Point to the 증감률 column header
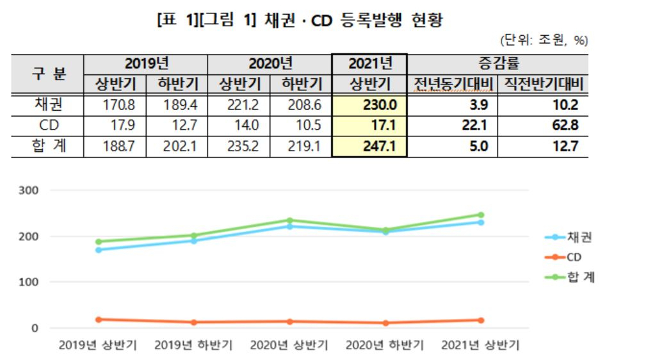(x=499, y=63)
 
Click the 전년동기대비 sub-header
(x=453, y=84)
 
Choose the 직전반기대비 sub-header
(x=544, y=84)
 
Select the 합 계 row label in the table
(x=49, y=146)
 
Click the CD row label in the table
(x=49, y=125)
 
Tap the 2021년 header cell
(x=370, y=63)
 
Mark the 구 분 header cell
(x=49, y=74)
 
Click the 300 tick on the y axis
(x=28, y=190)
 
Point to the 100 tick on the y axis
(x=28, y=282)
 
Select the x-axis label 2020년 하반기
(x=385, y=345)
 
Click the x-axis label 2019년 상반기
(x=98, y=345)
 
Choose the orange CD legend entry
(x=563, y=258)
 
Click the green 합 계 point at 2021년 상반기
(x=481, y=215)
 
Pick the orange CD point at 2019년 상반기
(x=99, y=320)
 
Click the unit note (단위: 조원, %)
(x=544, y=40)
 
